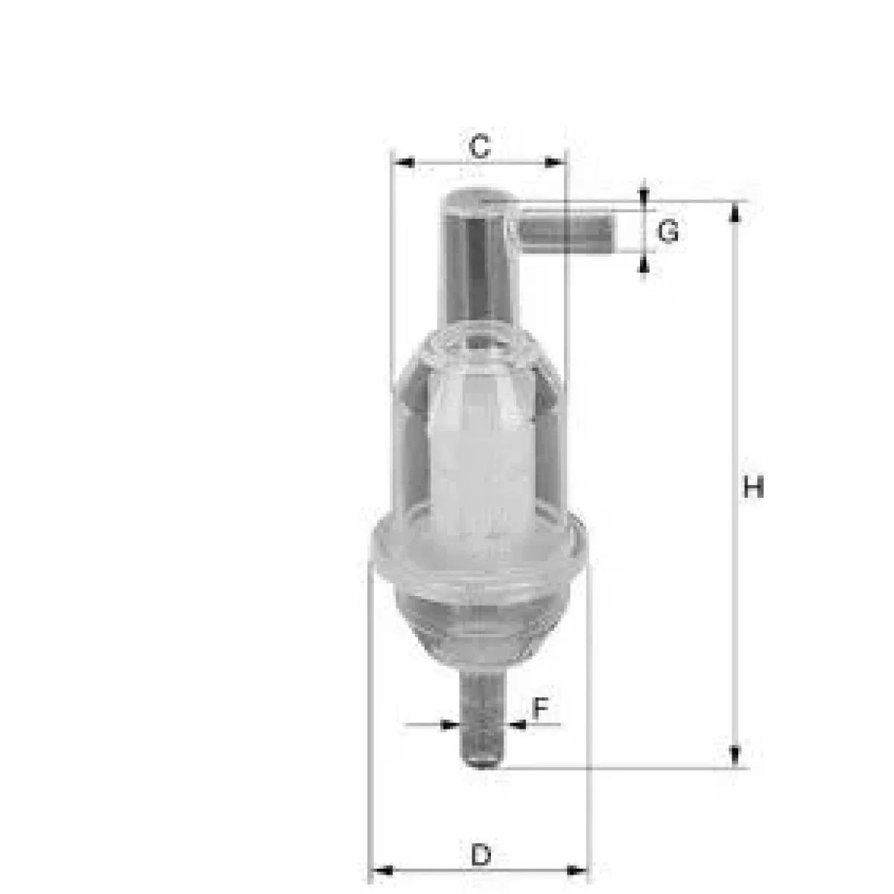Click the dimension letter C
click(x=479, y=146)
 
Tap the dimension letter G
click(x=668, y=231)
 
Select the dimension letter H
click(x=753, y=487)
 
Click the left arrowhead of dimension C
click(x=403, y=163)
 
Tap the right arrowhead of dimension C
click(x=555, y=163)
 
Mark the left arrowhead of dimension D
click(x=383, y=870)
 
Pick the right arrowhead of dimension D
click(x=577, y=870)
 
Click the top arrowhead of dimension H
click(x=734, y=213)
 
